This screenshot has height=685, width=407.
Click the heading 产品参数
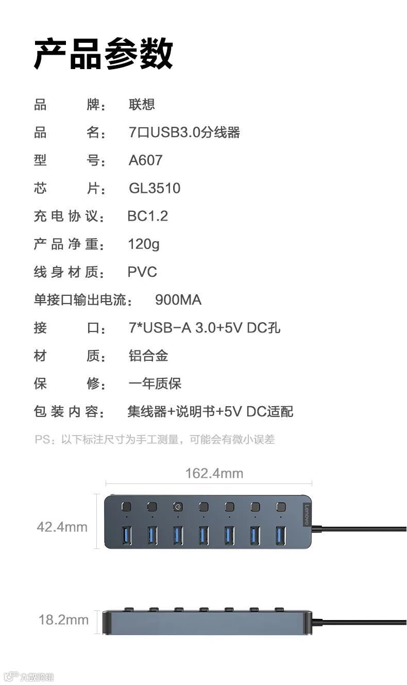click(103, 54)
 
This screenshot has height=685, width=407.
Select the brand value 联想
click(142, 105)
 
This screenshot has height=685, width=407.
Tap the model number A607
click(145, 160)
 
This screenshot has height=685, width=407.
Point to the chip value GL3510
click(155, 188)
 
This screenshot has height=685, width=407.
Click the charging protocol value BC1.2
click(147, 216)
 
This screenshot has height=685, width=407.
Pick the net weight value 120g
click(144, 244)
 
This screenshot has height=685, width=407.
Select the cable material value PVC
click(142, 272)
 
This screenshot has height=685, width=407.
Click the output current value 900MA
click(178, 299)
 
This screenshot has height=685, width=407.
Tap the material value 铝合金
click(148, 356)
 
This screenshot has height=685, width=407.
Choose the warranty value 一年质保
click(155, 383)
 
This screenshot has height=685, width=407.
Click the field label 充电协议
click(66, 216)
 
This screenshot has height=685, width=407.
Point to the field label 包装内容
click(66, 411)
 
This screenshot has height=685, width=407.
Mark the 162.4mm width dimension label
click(214, 473)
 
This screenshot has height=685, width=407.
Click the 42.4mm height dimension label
click(62, 527)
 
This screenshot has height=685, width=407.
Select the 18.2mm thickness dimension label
click(63, 620)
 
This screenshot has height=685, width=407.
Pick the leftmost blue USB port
click(126, 534)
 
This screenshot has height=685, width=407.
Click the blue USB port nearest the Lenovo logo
click(281, 534)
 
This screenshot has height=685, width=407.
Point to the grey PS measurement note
click(155, 439)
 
